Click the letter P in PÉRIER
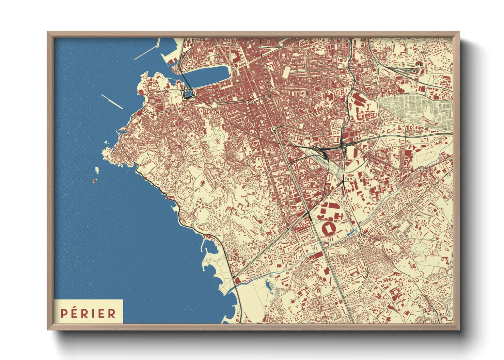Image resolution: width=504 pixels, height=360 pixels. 63,313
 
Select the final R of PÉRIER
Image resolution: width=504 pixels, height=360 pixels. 112,313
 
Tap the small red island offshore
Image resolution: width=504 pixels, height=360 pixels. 95,181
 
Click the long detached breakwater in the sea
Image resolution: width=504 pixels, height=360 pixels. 112,101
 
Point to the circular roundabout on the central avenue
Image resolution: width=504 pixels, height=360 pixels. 274,129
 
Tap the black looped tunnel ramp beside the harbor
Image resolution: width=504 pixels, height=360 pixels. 188,92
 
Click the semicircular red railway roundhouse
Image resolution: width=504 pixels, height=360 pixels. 419,63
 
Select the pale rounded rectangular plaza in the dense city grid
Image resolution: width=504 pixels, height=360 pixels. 287,71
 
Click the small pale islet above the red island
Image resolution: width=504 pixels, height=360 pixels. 97,169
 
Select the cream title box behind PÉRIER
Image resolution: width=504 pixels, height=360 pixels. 89,311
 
